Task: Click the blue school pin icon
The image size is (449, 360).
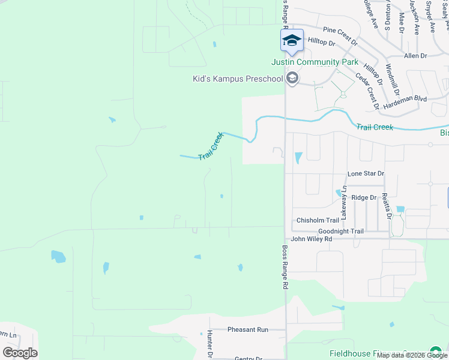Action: pyautogui.click(x=292, y=41)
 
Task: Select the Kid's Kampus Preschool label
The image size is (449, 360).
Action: pyautogui.click(x=237, y=79)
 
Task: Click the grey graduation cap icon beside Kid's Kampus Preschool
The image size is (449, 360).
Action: pyautogui.click(x=292, y=78)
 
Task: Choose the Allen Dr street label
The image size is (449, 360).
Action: pyautogui.click(x=415, y=56)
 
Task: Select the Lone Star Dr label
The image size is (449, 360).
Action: pyautogui.click(x=366, y=173)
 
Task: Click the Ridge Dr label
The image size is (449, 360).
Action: pyautogui.click(x=364, y=197)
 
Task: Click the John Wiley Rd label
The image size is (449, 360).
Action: pyautogui.click(x=312, y=239)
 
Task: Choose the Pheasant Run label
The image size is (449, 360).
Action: pyautogui.click(x=248, y=329)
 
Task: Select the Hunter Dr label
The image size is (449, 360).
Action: pyautogui.click(x=210, y=344)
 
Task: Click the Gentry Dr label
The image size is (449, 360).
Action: pyautogui.click(x=249, y=358)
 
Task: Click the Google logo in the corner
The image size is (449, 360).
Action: pyautogui.click(x=20, y=353)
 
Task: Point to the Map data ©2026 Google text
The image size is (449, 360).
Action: pyautogui.click(x=412, y=355)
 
